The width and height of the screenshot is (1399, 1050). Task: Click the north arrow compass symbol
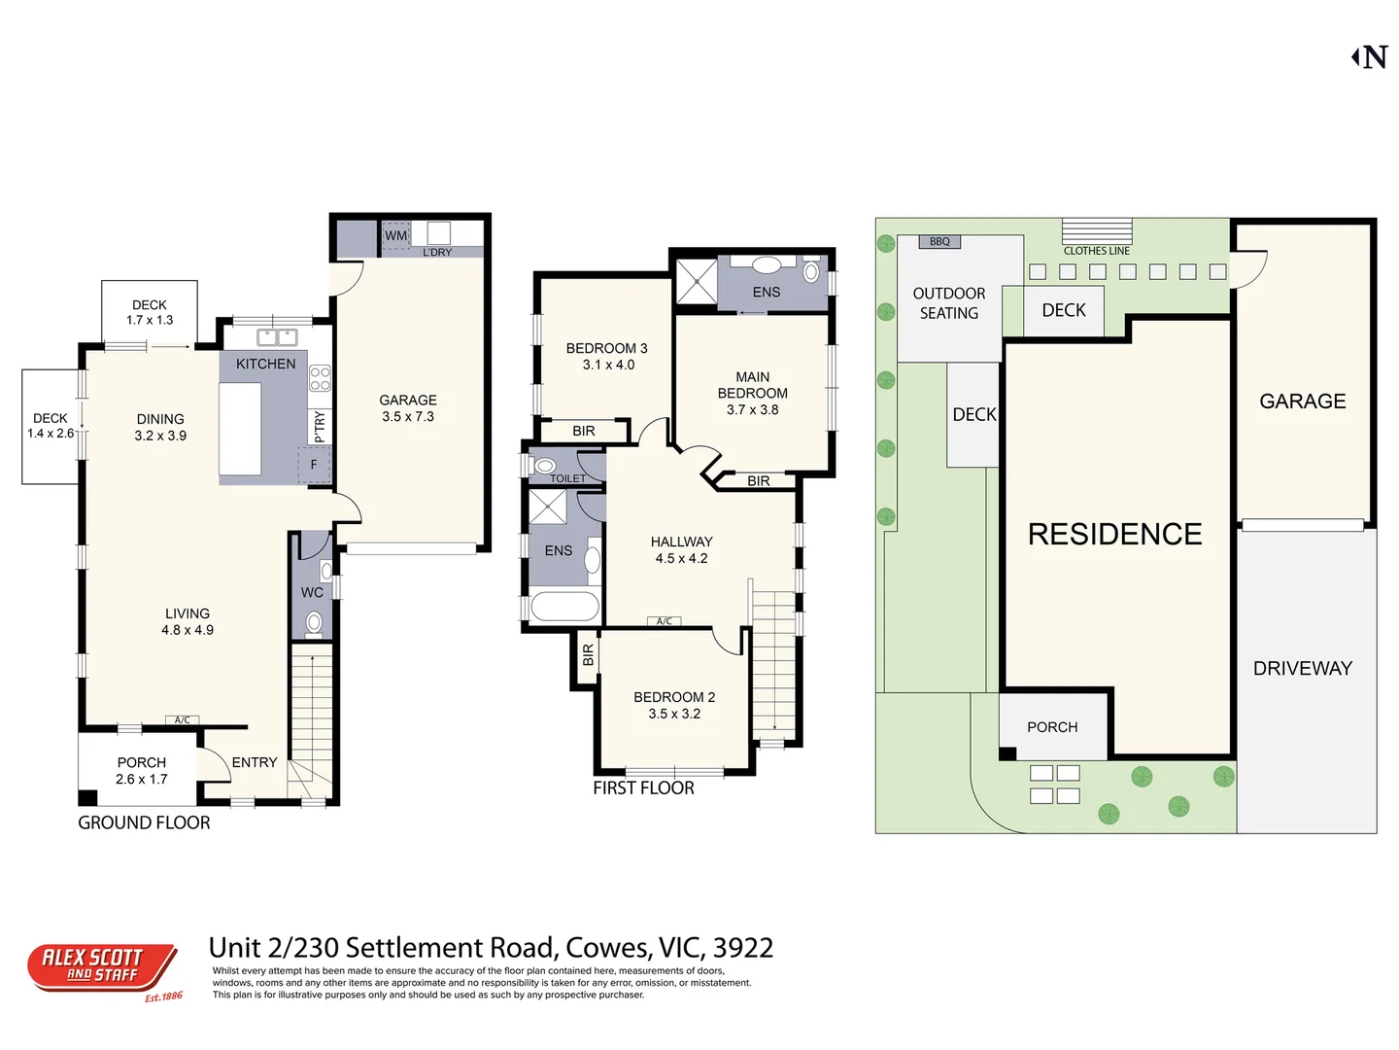[x=1370, y=57]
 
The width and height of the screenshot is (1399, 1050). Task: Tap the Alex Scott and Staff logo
[x=101, y=967]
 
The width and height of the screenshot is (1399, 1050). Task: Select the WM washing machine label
[x=395, y=235]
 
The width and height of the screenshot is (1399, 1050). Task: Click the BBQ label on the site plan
[x=939, y=241]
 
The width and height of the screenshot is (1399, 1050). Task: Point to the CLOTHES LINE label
[x=1096, y=251]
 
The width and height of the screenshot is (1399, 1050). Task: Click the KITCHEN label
[x=265, y=364]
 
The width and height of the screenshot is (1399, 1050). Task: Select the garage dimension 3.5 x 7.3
[x=408, y=416]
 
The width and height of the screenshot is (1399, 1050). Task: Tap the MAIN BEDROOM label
[x=752, y=385]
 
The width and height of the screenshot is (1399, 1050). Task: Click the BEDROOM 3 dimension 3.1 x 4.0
[x=608, y=365]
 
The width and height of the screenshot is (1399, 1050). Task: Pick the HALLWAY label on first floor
[x=681, y=542]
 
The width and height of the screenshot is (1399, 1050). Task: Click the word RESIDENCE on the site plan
[x=1114, y=534]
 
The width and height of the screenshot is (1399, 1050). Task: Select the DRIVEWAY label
[x=1302, y=668]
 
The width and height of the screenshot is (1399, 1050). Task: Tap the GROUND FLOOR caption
[x=144, y=822]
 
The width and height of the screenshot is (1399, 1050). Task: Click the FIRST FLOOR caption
[x=643, y=788]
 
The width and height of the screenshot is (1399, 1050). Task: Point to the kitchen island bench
[x=240, y=428]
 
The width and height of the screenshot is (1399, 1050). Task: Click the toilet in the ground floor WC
[x=314, y=622]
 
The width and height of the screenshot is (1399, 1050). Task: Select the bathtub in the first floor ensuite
[x=564, y=607]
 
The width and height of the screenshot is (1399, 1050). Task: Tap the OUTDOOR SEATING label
[x=948, y=303]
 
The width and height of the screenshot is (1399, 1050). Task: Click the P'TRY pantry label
[x=320, y=426]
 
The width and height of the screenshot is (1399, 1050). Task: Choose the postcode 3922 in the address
[x=743, y=948]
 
